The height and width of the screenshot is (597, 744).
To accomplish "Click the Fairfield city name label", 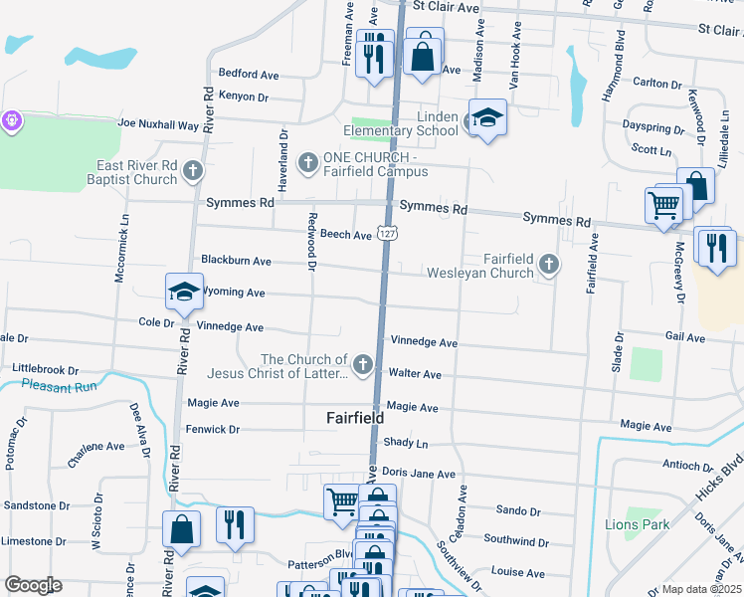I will (x=355, y=419).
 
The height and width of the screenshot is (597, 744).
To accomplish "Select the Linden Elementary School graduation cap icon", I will (x=488, y=118).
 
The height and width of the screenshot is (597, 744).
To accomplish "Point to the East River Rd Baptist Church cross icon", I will (x=193, y=172).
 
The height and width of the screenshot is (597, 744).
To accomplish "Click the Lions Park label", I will (x=637, y=524).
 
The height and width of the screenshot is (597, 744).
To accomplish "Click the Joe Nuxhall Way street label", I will (x=158, y=124).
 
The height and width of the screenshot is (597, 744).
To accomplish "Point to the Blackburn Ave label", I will (x=236, y=261).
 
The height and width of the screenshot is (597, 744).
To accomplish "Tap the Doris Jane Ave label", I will (x=418, y=474).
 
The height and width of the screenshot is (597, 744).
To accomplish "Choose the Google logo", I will (x=33, y=585).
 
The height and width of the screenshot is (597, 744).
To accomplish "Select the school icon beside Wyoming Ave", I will (x=184, y=291).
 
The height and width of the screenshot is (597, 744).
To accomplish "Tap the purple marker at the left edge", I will (x=12, y=120).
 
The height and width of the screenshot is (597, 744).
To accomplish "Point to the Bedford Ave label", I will (x=249, y=74).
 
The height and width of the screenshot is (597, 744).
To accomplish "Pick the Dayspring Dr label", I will (x=651, y=129).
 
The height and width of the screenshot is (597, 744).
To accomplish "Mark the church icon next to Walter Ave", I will (x=363, y=365).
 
